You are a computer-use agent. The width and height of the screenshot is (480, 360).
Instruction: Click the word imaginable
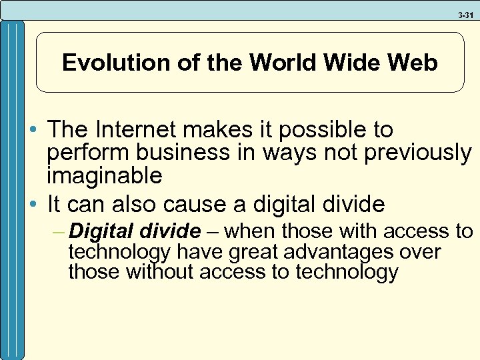click(x=105, y=176)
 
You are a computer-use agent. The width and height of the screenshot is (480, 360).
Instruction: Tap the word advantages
click(x=330, y=252)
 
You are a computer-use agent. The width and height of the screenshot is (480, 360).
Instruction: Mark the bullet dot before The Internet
click(x=33, y=130)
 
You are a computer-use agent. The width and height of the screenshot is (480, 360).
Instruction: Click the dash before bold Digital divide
click(x=59, y=231)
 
